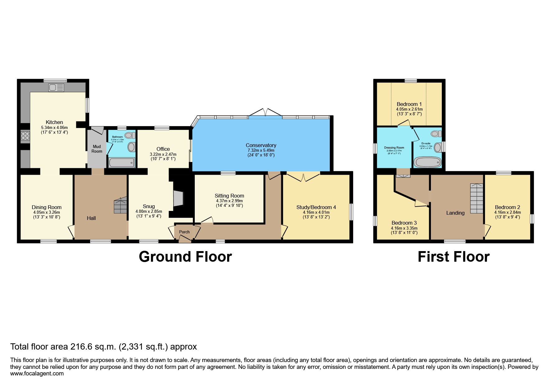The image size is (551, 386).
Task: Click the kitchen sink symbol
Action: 56,88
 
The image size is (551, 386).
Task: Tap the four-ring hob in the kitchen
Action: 25,136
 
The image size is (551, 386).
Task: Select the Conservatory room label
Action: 261,145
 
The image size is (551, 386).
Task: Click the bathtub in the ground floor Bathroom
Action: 122,163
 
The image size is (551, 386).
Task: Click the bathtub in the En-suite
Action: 427,162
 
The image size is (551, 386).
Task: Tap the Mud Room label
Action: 97,149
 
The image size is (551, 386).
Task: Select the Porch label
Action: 184,232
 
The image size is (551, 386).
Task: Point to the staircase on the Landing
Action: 476,198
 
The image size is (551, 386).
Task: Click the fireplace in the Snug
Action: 178,198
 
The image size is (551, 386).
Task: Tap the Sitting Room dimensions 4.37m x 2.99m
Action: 229,201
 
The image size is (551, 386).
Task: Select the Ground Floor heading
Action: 185,257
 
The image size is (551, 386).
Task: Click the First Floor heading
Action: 453,257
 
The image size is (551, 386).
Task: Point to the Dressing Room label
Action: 394,148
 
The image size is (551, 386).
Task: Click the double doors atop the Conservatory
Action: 265,113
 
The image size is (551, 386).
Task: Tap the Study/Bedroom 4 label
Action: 316,207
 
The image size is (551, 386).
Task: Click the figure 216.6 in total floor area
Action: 82,347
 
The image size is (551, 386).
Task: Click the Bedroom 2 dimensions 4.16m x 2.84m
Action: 507,212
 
